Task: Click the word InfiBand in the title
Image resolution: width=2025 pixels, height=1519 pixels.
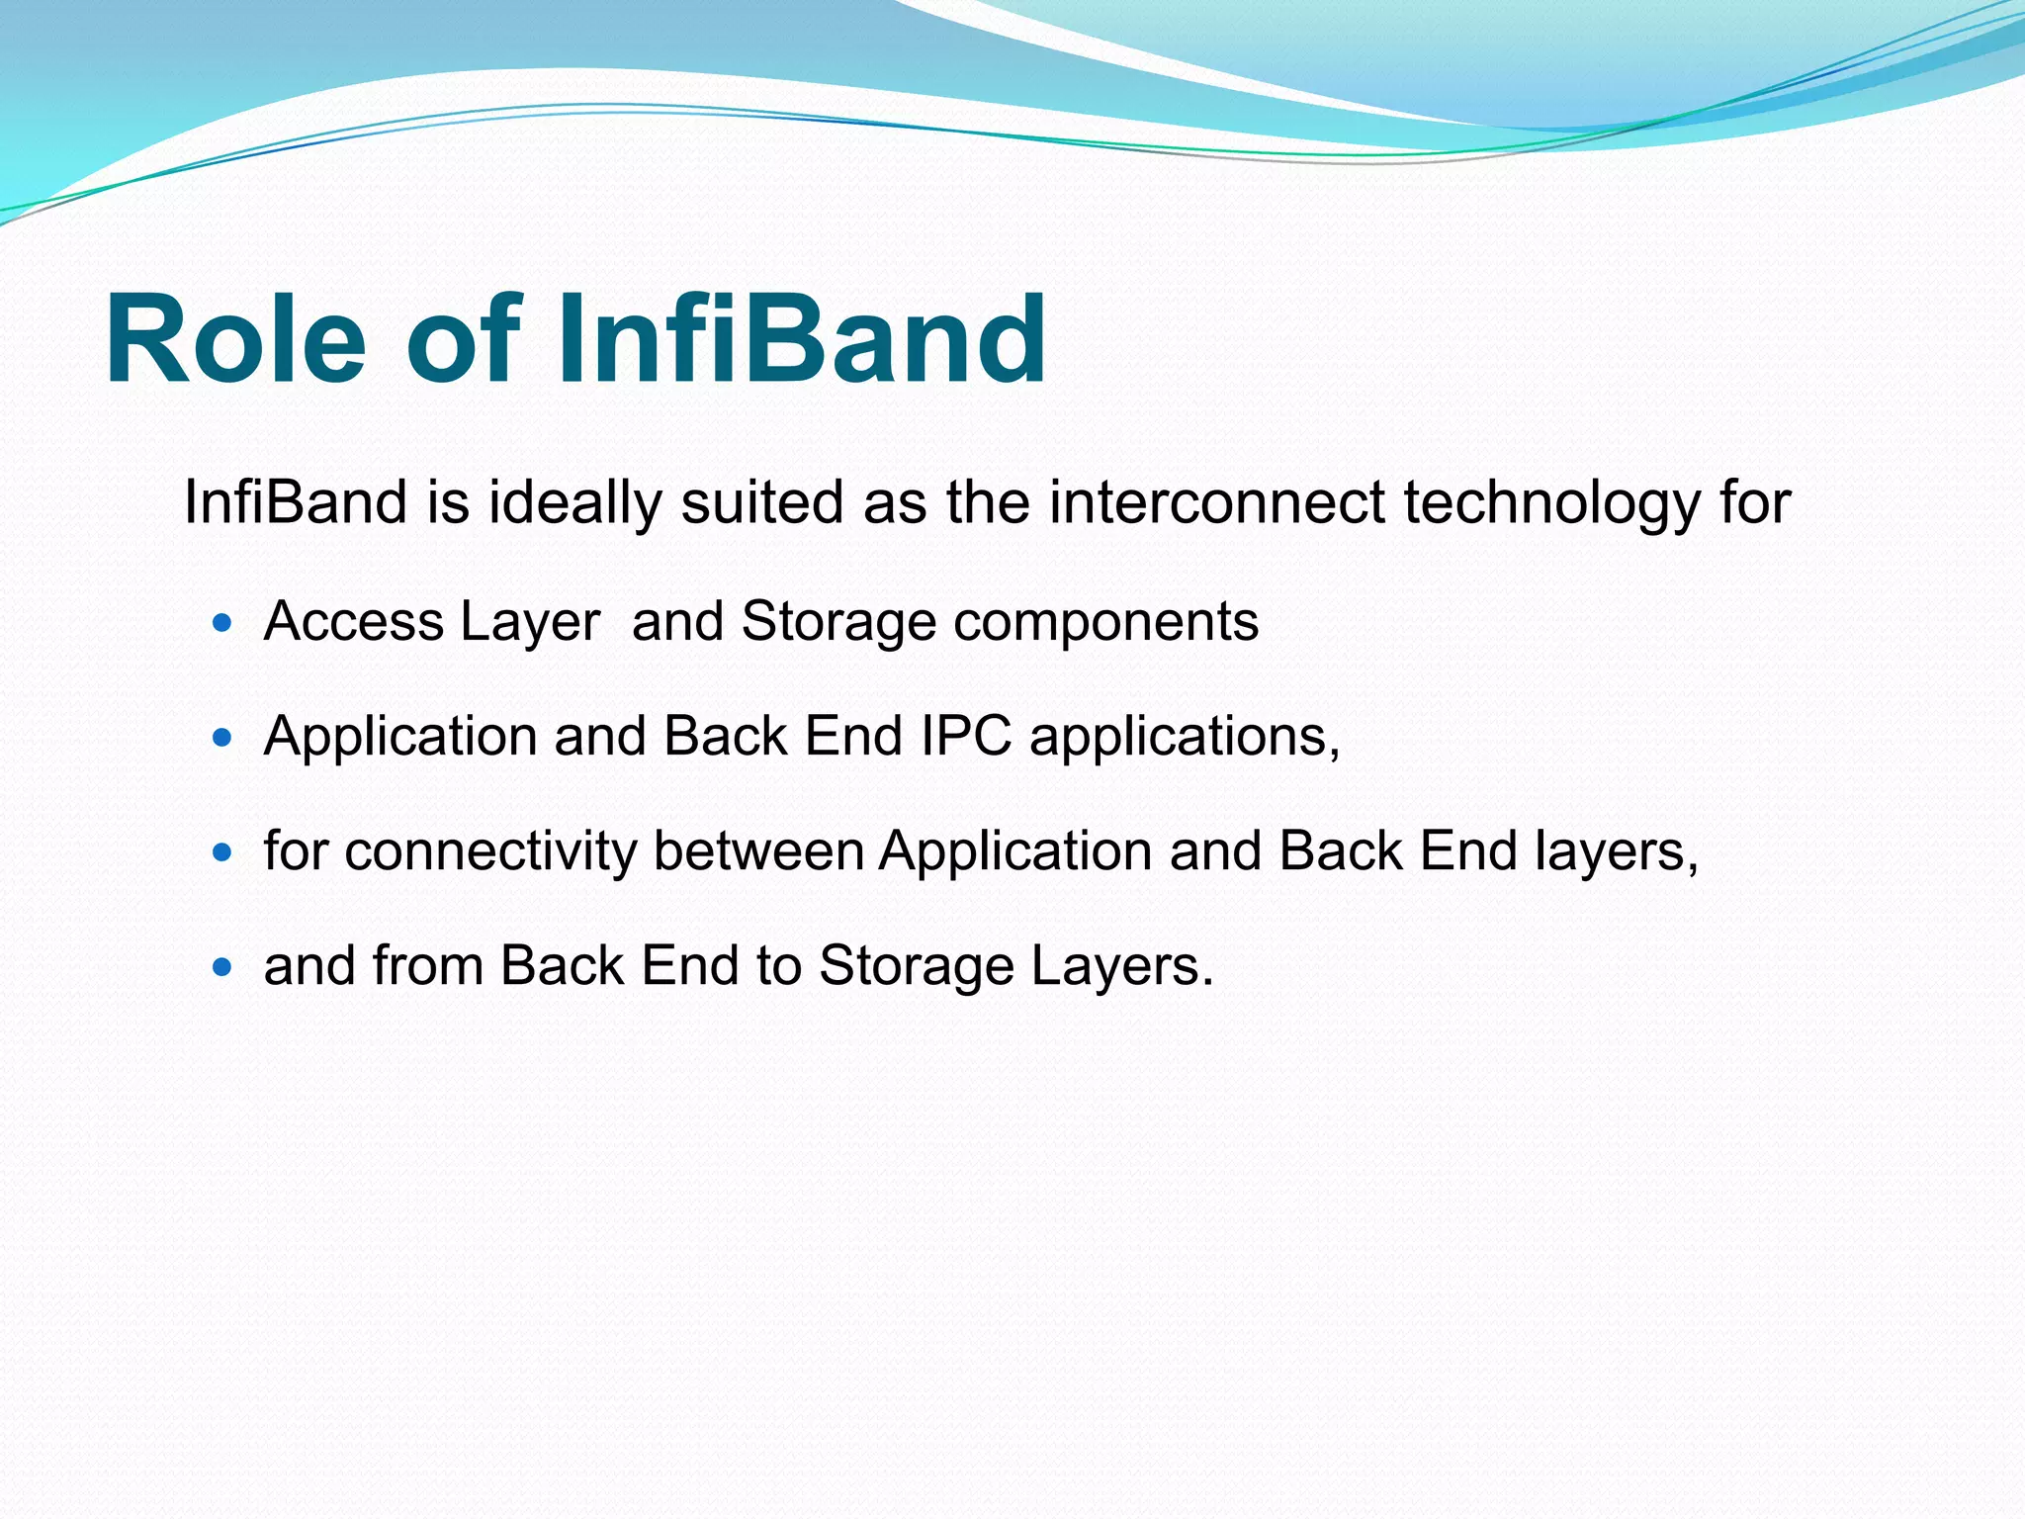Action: [801, 339]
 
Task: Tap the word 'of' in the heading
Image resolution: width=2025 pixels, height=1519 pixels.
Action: [463, 339]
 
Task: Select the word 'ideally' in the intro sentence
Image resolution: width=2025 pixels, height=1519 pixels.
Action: [574, 503]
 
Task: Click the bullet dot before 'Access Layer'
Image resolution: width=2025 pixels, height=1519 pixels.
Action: [222, 623]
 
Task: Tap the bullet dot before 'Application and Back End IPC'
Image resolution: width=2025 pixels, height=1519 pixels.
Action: [222, 738]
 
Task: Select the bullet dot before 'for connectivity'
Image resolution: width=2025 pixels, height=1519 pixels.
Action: [222, 851]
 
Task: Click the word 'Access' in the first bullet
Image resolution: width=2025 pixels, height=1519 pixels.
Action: [354, 622]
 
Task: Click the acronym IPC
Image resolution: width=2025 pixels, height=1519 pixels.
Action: [966, 737]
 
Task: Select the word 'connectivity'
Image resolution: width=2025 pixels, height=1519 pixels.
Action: [490, 851]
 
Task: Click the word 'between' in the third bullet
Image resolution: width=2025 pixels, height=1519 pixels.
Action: [758, 851]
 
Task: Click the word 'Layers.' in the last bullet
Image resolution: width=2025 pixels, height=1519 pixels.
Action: [1121, 967]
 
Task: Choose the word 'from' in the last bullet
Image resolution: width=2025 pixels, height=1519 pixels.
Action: [427, 966]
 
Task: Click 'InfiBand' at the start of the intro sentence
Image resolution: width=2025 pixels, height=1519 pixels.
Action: [295, 502]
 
